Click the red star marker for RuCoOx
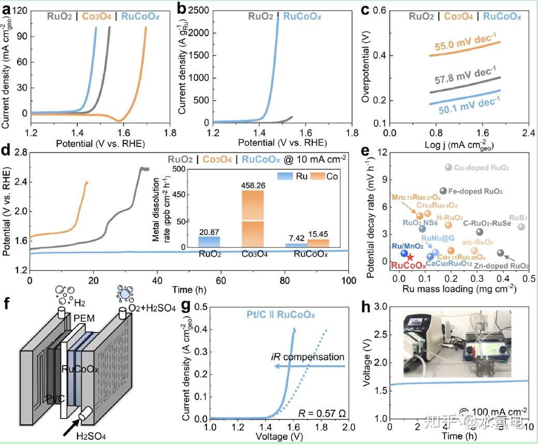click(410, 257)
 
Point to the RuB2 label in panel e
click(518, 217)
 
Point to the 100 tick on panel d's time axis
click(348, 281)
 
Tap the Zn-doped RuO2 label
click(501, 266)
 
